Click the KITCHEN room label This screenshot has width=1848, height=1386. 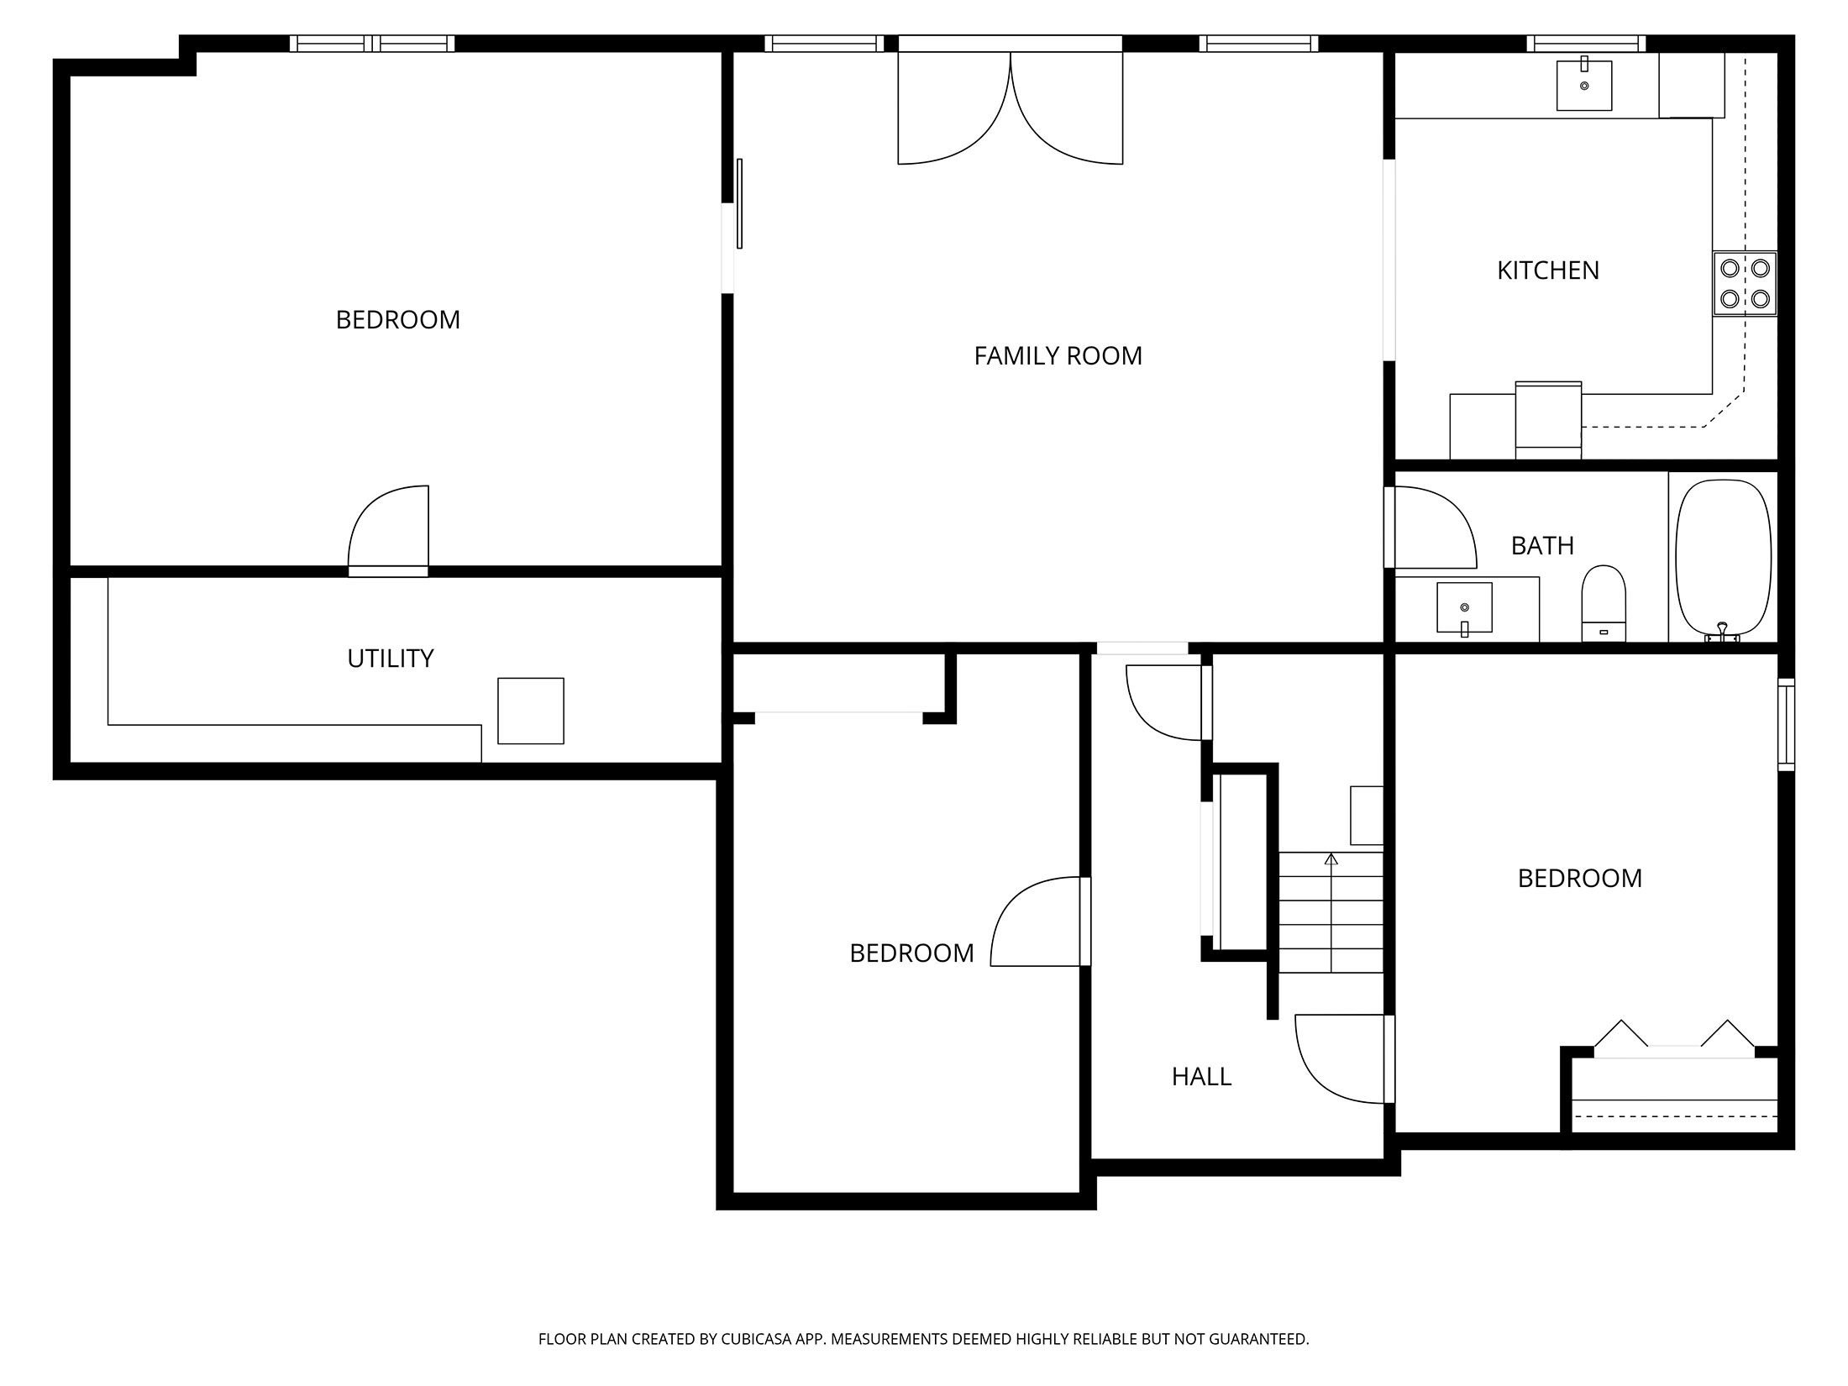tap(1547, 270)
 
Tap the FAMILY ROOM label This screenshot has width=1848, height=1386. tap(1058, 356)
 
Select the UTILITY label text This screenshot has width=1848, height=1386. tap(391, 659)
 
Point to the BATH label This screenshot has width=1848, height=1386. tap(1542, 546)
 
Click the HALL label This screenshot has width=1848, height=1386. tap(1201, 1077)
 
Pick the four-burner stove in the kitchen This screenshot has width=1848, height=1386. tap(1745, 284)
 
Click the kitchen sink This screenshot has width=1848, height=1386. tap(1584, 85)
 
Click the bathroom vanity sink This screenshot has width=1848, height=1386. tap(1464, 608)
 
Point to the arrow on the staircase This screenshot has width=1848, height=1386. tap(1331, 912)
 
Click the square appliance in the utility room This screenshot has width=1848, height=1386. tap(531, 711)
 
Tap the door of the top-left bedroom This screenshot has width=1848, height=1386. tap(388, 531)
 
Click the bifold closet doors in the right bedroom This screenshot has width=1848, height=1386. tap(1674, 1039)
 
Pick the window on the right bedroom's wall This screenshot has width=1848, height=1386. tap(1786, 724)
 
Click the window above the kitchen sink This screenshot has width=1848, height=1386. tap(1586, 44)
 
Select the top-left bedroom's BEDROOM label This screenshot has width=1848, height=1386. tap(398, 320)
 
